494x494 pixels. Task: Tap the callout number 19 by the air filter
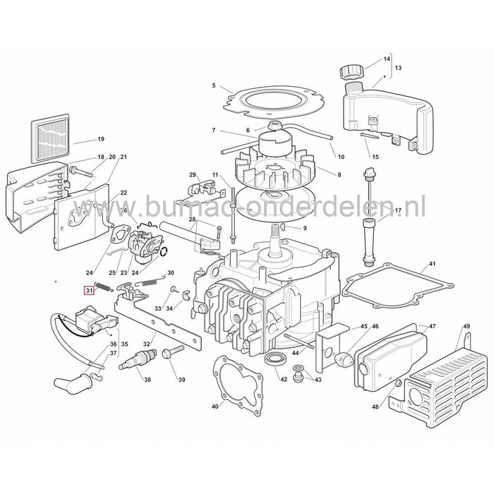click(x=101, y=139)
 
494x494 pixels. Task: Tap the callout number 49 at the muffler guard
click(x=466, y=327)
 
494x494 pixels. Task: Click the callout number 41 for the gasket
click(x=431, y=267)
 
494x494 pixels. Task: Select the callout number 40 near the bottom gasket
click(x=215, y=407)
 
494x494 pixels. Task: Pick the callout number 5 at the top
click(x=214, y=86)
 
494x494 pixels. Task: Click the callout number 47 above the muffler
click(x=432, y=327)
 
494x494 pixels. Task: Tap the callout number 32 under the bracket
click(x=147, y=344)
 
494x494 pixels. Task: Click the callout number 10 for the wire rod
click(x=341, y=156)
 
